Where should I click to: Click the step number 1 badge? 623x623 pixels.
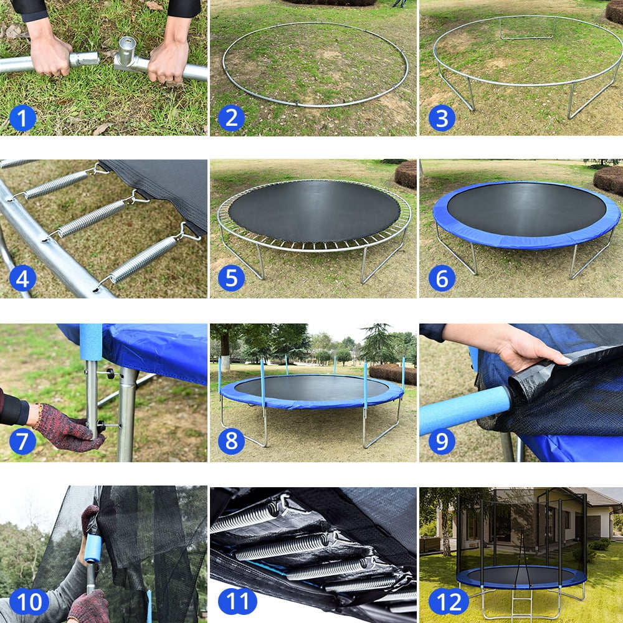pyautogui.click(x=22, y=118)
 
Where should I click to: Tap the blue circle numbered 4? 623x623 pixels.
pyautogui.click(x=22, y=278)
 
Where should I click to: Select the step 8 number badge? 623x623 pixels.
pyautogui.click(x=231, y=441)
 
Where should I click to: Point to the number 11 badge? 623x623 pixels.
pyautogui.click(x=237, y=602)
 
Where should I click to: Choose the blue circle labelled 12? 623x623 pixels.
pyautogui.click(x=448, y=602)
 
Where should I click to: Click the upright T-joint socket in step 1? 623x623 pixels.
pyautogui.click(x=126, y=50)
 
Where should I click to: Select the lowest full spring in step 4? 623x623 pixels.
pyautogui.click(x=143, y=259)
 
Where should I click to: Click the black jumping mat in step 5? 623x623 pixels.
pyautogui.click(x=315, y=211)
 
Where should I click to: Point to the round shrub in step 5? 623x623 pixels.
pyautogui.click(x=406, y=174)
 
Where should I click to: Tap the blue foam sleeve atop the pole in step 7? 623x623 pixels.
pyautogui.click(x=91, y=342)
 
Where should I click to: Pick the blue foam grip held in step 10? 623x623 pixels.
pyautogui.click(x=93, y=548)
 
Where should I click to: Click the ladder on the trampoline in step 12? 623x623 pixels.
pyautogui.click(x=522, y=603)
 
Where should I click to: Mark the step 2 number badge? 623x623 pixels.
pyautogui.click(x=231, y=118)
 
